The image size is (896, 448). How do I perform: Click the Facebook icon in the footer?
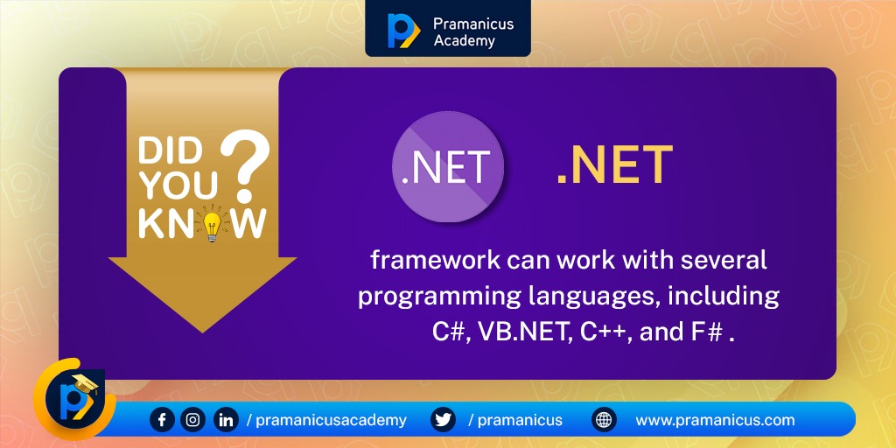pos(162,420)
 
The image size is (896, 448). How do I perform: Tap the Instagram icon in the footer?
pos(193,420)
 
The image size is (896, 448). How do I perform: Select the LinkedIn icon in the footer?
pos(226,420)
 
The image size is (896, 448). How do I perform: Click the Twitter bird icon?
pos(444,420)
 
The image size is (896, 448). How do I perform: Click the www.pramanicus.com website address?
pos(715,420)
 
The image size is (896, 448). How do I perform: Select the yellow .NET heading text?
pos(614,165)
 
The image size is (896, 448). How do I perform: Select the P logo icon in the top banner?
pos(402,30)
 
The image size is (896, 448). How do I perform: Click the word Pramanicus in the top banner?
pos(473,22)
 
